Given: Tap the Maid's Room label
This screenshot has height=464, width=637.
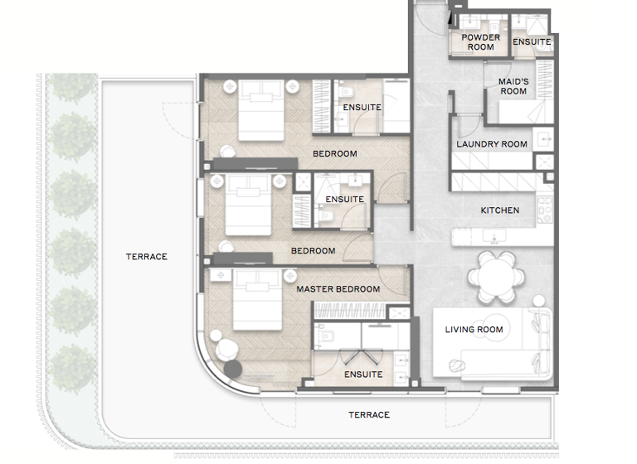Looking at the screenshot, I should point(513,86).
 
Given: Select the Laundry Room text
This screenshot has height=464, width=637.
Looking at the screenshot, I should point(491,144).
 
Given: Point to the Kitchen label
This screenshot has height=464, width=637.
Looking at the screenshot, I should point(499,210).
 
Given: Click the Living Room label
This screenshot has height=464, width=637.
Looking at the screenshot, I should point(474,330).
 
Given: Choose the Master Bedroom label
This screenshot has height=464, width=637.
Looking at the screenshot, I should point(338,289).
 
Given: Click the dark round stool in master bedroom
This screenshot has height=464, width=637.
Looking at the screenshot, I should point(232,369).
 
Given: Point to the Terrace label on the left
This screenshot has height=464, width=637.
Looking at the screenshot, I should point(147,257).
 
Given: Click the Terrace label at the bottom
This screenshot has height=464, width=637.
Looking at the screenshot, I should point(368,415).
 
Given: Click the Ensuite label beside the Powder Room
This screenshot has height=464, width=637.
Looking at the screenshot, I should point(531,42).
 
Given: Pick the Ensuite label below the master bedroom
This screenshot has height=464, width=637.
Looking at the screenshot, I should point(363,375).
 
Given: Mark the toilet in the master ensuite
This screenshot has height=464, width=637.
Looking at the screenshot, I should point(325,336).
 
